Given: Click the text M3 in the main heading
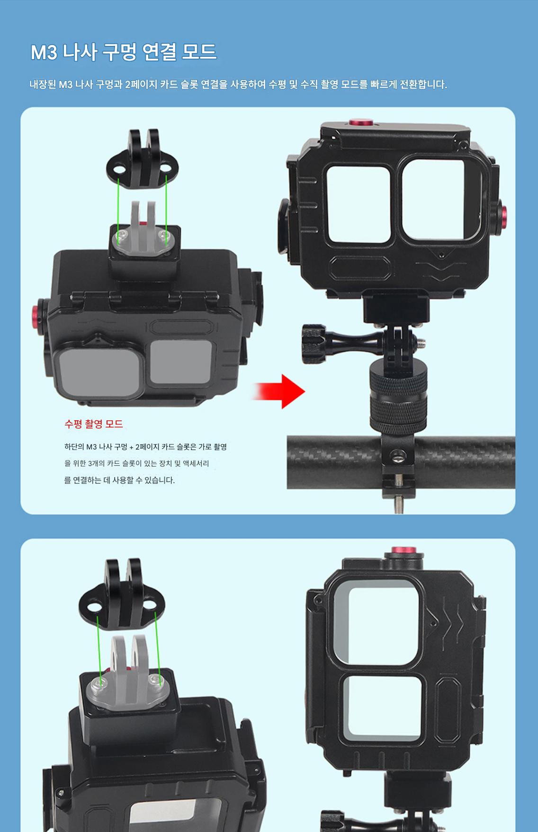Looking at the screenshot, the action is (x=44, y=53).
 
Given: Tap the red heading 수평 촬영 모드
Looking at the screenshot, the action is (x=94, y=424).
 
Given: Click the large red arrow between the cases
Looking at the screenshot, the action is (x=279, y=391).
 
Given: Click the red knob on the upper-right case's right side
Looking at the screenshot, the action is (x=502, y=220).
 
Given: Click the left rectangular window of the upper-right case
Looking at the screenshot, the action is (x=359, y=204).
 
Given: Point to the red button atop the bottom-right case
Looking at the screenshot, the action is (x=403, y=551).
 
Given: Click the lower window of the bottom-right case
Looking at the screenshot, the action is (x=382, y=708).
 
